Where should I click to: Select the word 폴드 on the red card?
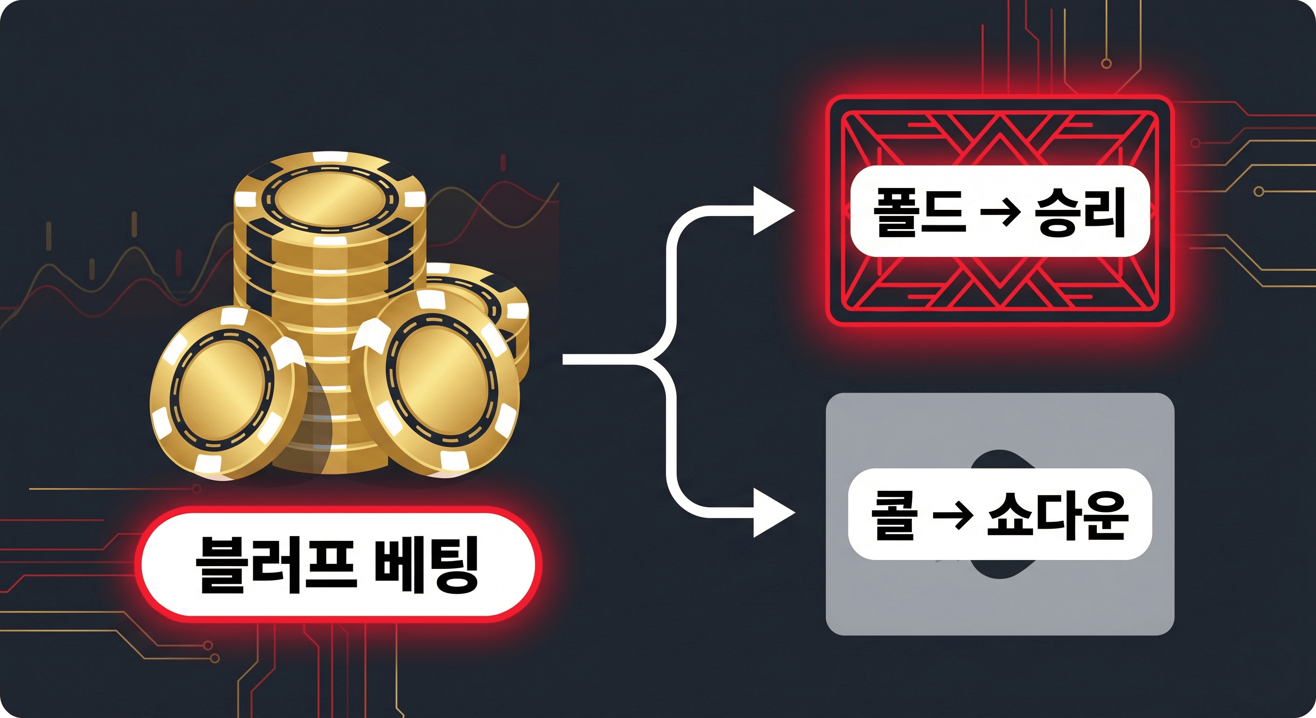[x=920, y=212]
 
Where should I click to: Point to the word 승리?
[x=1080, y=212]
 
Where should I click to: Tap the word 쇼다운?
[x=1058, y=515]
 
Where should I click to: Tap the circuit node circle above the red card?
[x=1107, y=64]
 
